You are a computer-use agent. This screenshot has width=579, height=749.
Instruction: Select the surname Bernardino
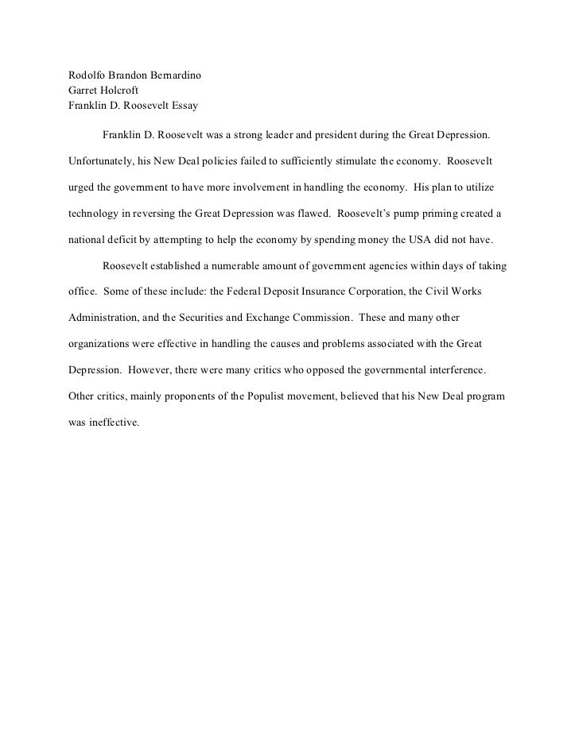[x=174, y=77]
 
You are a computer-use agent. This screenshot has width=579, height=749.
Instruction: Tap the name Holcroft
[x=117, y=91]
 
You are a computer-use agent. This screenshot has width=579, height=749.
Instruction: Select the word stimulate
[x=352, y=160]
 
